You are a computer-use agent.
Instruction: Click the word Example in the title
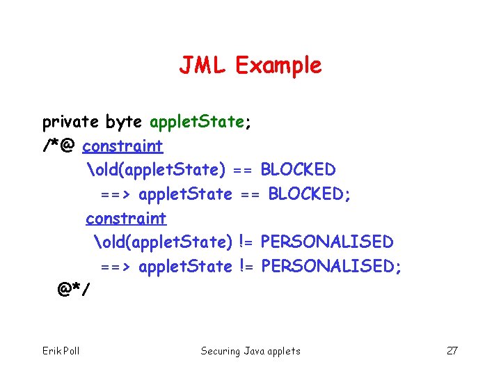coord(278,65)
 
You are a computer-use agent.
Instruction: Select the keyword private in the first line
coord(70,123)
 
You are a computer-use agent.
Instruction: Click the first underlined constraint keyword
coord(122,146)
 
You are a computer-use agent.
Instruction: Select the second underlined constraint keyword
coord(126,219)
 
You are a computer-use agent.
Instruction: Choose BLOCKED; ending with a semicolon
coord(310,194)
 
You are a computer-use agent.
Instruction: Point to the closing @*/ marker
coord(74,289)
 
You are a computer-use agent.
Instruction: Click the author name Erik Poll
coord(61,351)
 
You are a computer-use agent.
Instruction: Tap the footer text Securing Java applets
coord(250,351)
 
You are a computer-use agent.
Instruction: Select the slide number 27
coord(452,351)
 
